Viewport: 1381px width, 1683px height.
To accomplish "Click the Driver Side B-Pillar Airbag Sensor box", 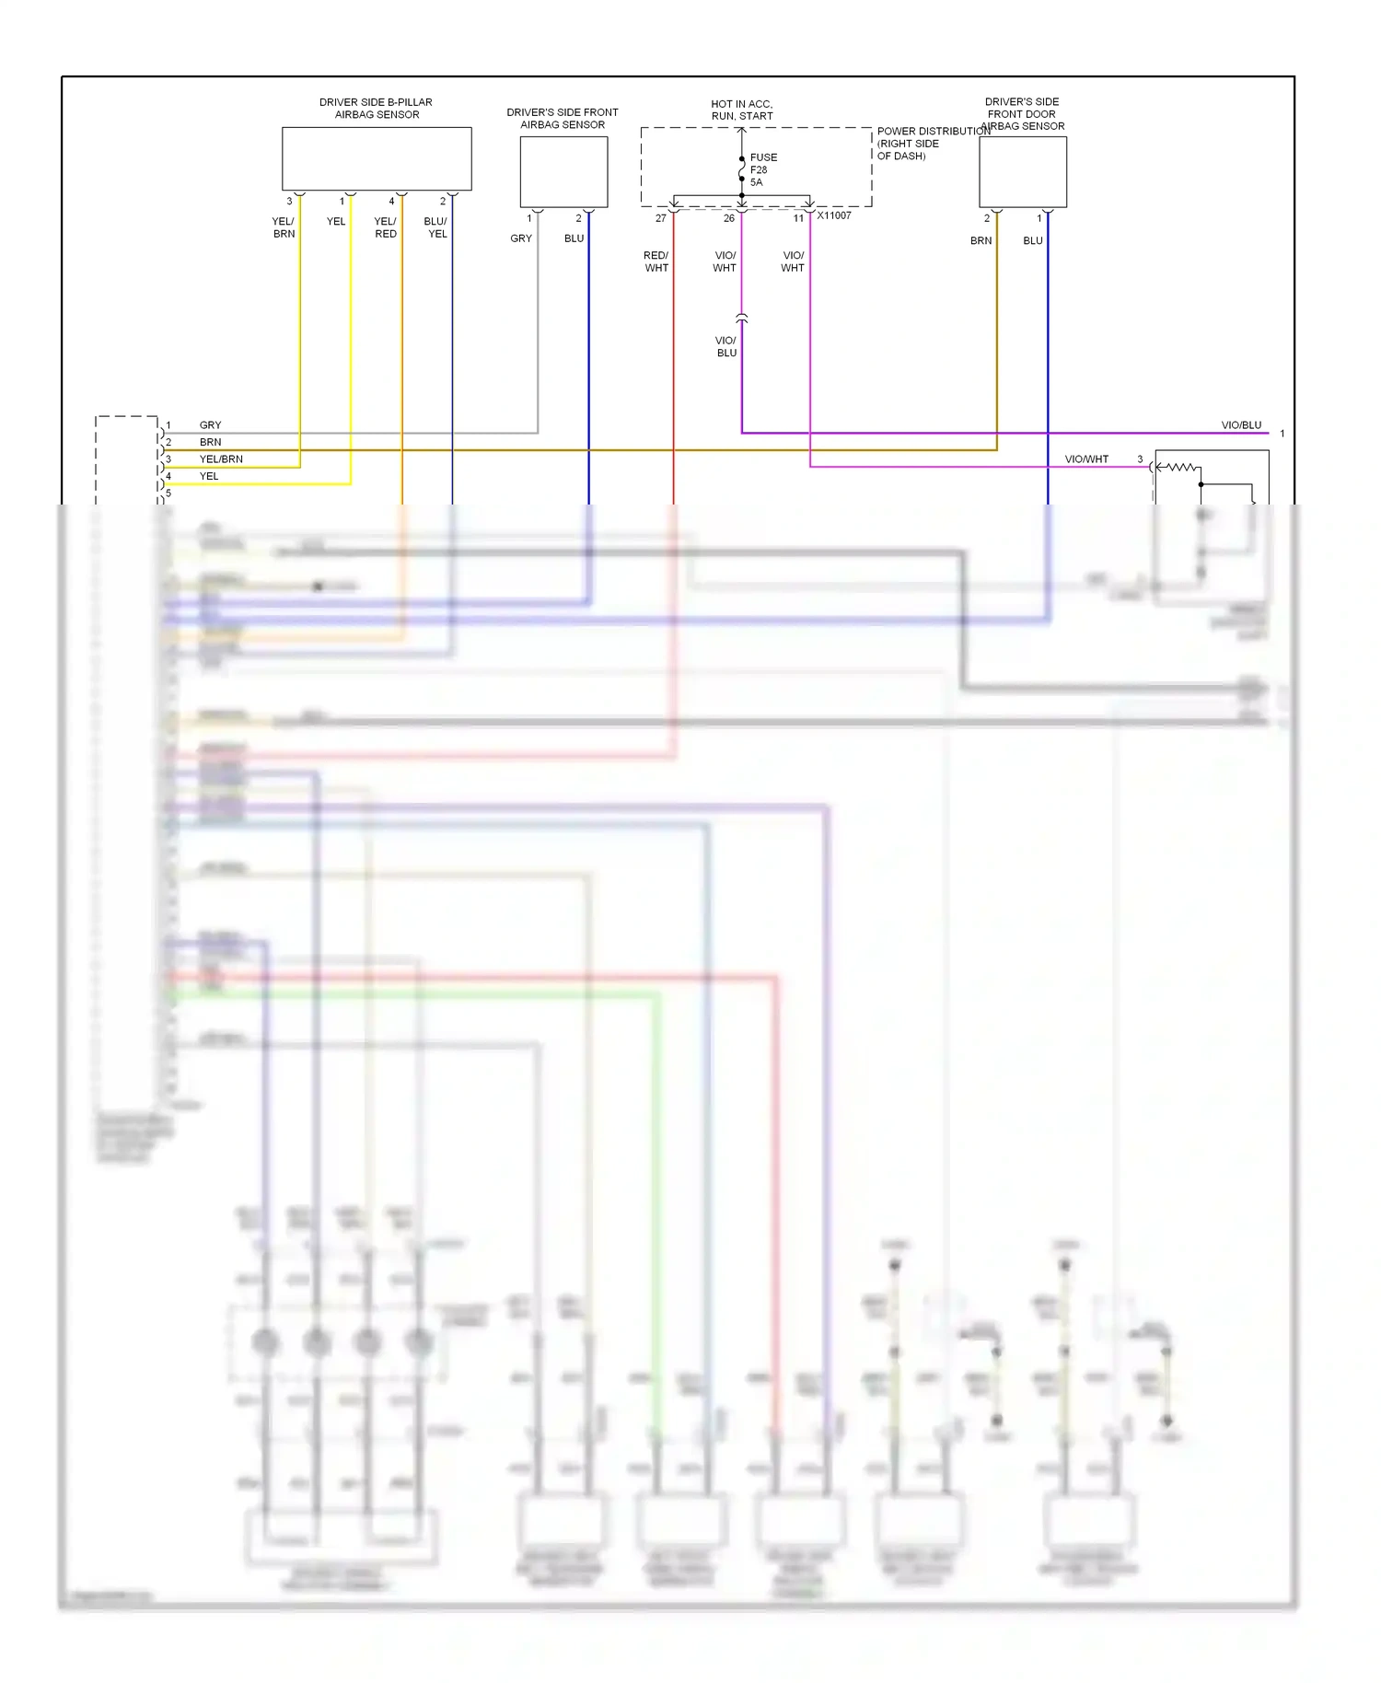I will tap(377, 158).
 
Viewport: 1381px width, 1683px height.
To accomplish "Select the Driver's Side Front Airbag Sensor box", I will tap(563, 171).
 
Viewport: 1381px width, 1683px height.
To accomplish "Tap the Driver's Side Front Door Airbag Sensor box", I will tap(1022, 171).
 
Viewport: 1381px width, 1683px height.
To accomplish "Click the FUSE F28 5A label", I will tap(762, 169).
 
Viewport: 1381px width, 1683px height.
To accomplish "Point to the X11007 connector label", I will tap(834, 215).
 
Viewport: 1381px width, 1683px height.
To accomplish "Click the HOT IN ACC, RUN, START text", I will tap(742, 110).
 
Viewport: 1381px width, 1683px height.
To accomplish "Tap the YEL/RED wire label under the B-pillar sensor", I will tap(386, 227).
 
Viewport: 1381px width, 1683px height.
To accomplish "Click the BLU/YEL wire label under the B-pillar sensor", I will tap(436, 227).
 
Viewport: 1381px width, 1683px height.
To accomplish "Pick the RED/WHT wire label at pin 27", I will tap(656, 261).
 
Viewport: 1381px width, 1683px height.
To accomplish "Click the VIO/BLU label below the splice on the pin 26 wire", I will tap(726, 346).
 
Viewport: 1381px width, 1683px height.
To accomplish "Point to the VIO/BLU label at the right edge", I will tap(1241, 425).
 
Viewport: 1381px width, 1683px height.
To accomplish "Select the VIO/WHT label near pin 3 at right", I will tap(1086, 458).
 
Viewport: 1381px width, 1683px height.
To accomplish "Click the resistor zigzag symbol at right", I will tap(1182, 468).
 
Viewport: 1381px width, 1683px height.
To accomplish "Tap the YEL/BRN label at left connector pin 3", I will tap(221, 458).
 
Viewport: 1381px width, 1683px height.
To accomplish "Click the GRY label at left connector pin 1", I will tap(210, 425).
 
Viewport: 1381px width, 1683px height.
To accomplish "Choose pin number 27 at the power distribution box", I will tap(661, 218).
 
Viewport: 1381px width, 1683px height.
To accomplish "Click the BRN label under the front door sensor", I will tap(981, 240).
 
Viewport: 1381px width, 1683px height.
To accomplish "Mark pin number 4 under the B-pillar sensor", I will tap(391, 201).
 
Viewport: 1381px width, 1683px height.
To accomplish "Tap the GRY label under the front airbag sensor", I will tap(521, 238).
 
